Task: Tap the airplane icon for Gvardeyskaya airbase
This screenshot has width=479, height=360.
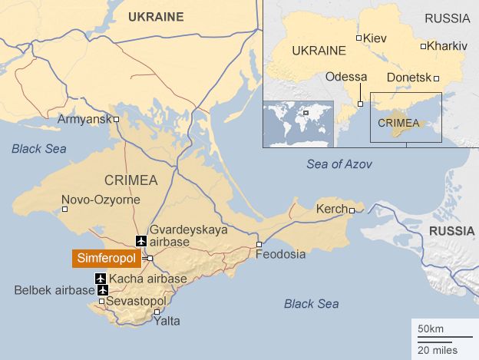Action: [x=140, y=241]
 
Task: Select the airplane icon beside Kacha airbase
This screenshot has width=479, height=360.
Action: [x=101, y=279]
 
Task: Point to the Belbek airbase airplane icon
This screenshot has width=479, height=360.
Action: [x=102, y=289]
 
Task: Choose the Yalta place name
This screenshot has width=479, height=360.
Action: [x=167, y=321]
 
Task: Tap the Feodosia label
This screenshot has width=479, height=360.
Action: [x=280, y=254]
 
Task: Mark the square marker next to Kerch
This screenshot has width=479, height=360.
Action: [x=352, y=210]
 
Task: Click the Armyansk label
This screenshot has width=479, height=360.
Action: [x=84, y=119]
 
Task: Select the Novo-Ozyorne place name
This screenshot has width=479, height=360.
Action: [x=100, y=200]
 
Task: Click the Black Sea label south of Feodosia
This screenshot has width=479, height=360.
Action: [x=311, y=304]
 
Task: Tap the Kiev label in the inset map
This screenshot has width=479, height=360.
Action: [x=375, y=38]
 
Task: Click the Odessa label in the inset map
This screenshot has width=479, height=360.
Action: [x=346, y=78]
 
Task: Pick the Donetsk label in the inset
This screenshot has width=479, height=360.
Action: [x=409, y=78]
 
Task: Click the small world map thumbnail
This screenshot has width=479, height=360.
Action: [x=298, y=124]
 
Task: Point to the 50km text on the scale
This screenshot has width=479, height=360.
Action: [x=430, y=329]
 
